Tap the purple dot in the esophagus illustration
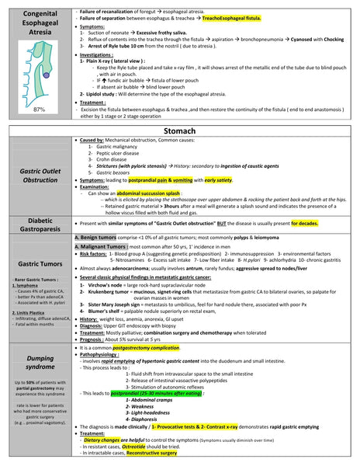(45, 75)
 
